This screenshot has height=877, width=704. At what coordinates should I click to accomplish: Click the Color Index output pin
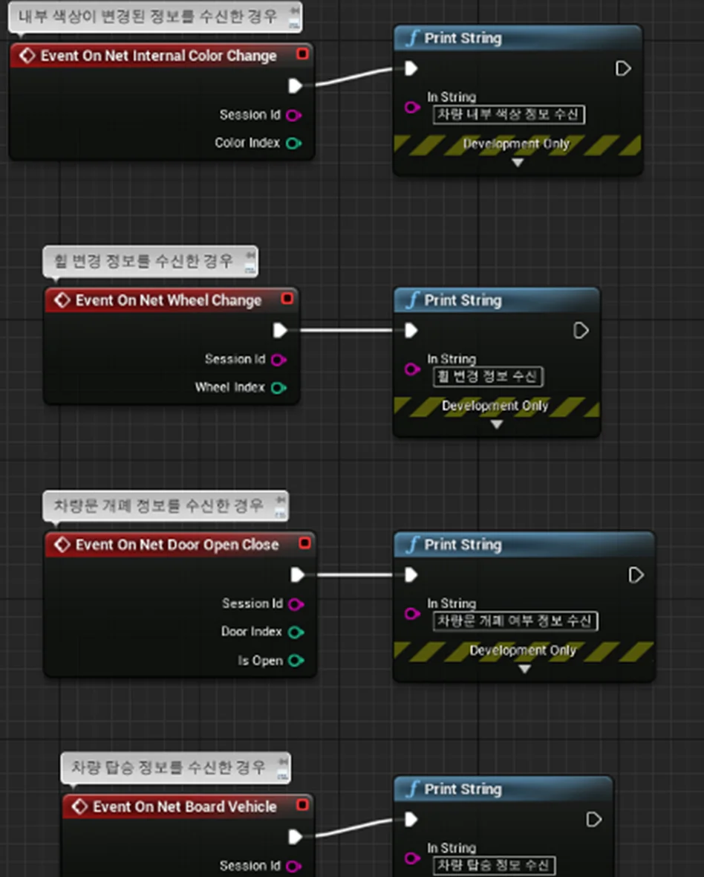pos(293,143)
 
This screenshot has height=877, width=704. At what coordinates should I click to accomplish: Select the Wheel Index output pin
pos(278,388)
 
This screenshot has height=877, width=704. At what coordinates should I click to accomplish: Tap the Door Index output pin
pos(296,632)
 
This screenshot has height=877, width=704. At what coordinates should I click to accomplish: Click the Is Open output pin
pos(296,661)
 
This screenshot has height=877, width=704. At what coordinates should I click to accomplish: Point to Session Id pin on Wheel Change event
pos(278,360)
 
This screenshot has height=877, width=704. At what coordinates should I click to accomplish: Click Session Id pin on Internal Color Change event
pos(293,115)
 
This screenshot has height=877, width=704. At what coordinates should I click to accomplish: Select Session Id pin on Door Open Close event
pos(296,604)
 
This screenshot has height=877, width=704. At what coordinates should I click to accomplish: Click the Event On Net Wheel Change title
pos(168,300)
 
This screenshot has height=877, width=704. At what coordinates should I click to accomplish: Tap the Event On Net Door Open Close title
pos(177,545)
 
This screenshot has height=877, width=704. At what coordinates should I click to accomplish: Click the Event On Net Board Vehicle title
pos(185,806)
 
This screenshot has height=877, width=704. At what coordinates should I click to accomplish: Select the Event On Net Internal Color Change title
pos(159,56)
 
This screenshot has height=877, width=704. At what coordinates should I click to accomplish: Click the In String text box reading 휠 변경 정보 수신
pos(488,376)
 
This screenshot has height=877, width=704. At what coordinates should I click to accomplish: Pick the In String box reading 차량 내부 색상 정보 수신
pos(509,114)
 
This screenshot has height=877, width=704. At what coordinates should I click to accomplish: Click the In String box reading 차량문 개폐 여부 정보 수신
pos(515,621)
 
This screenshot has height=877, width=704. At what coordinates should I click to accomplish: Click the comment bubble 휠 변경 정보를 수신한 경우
pos(150,261)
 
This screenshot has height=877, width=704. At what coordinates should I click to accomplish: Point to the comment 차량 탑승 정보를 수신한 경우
pos(175,767)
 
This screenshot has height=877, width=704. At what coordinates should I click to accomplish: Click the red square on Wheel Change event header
pos(287,298)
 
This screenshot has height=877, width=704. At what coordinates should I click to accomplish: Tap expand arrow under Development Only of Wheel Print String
pos(496,424)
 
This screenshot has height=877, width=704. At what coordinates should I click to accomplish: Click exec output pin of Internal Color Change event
pos(295,86)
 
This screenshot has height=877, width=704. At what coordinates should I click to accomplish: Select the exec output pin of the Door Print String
pos(636,575)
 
